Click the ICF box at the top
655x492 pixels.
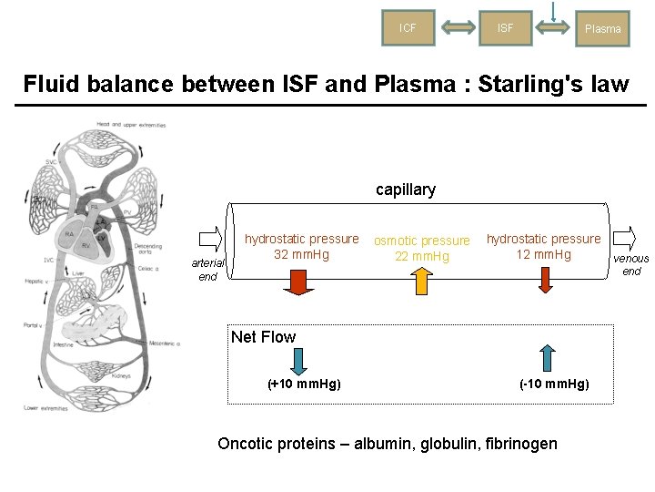point(408,27)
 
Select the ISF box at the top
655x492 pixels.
point(505,27)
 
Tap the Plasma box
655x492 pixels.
point(602,28)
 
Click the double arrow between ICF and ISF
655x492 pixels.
point(457,28)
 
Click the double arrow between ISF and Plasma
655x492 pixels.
point(553,28)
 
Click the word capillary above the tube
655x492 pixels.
point(406,190)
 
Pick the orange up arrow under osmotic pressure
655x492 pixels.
point(422,282)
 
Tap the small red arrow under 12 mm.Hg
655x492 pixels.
point(544,279)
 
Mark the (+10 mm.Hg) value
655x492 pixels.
point(304,384)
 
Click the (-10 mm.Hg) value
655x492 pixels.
point(554,384)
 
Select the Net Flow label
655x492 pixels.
point(263,337)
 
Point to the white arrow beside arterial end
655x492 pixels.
point(209,240)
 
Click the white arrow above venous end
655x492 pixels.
point(625,240)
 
